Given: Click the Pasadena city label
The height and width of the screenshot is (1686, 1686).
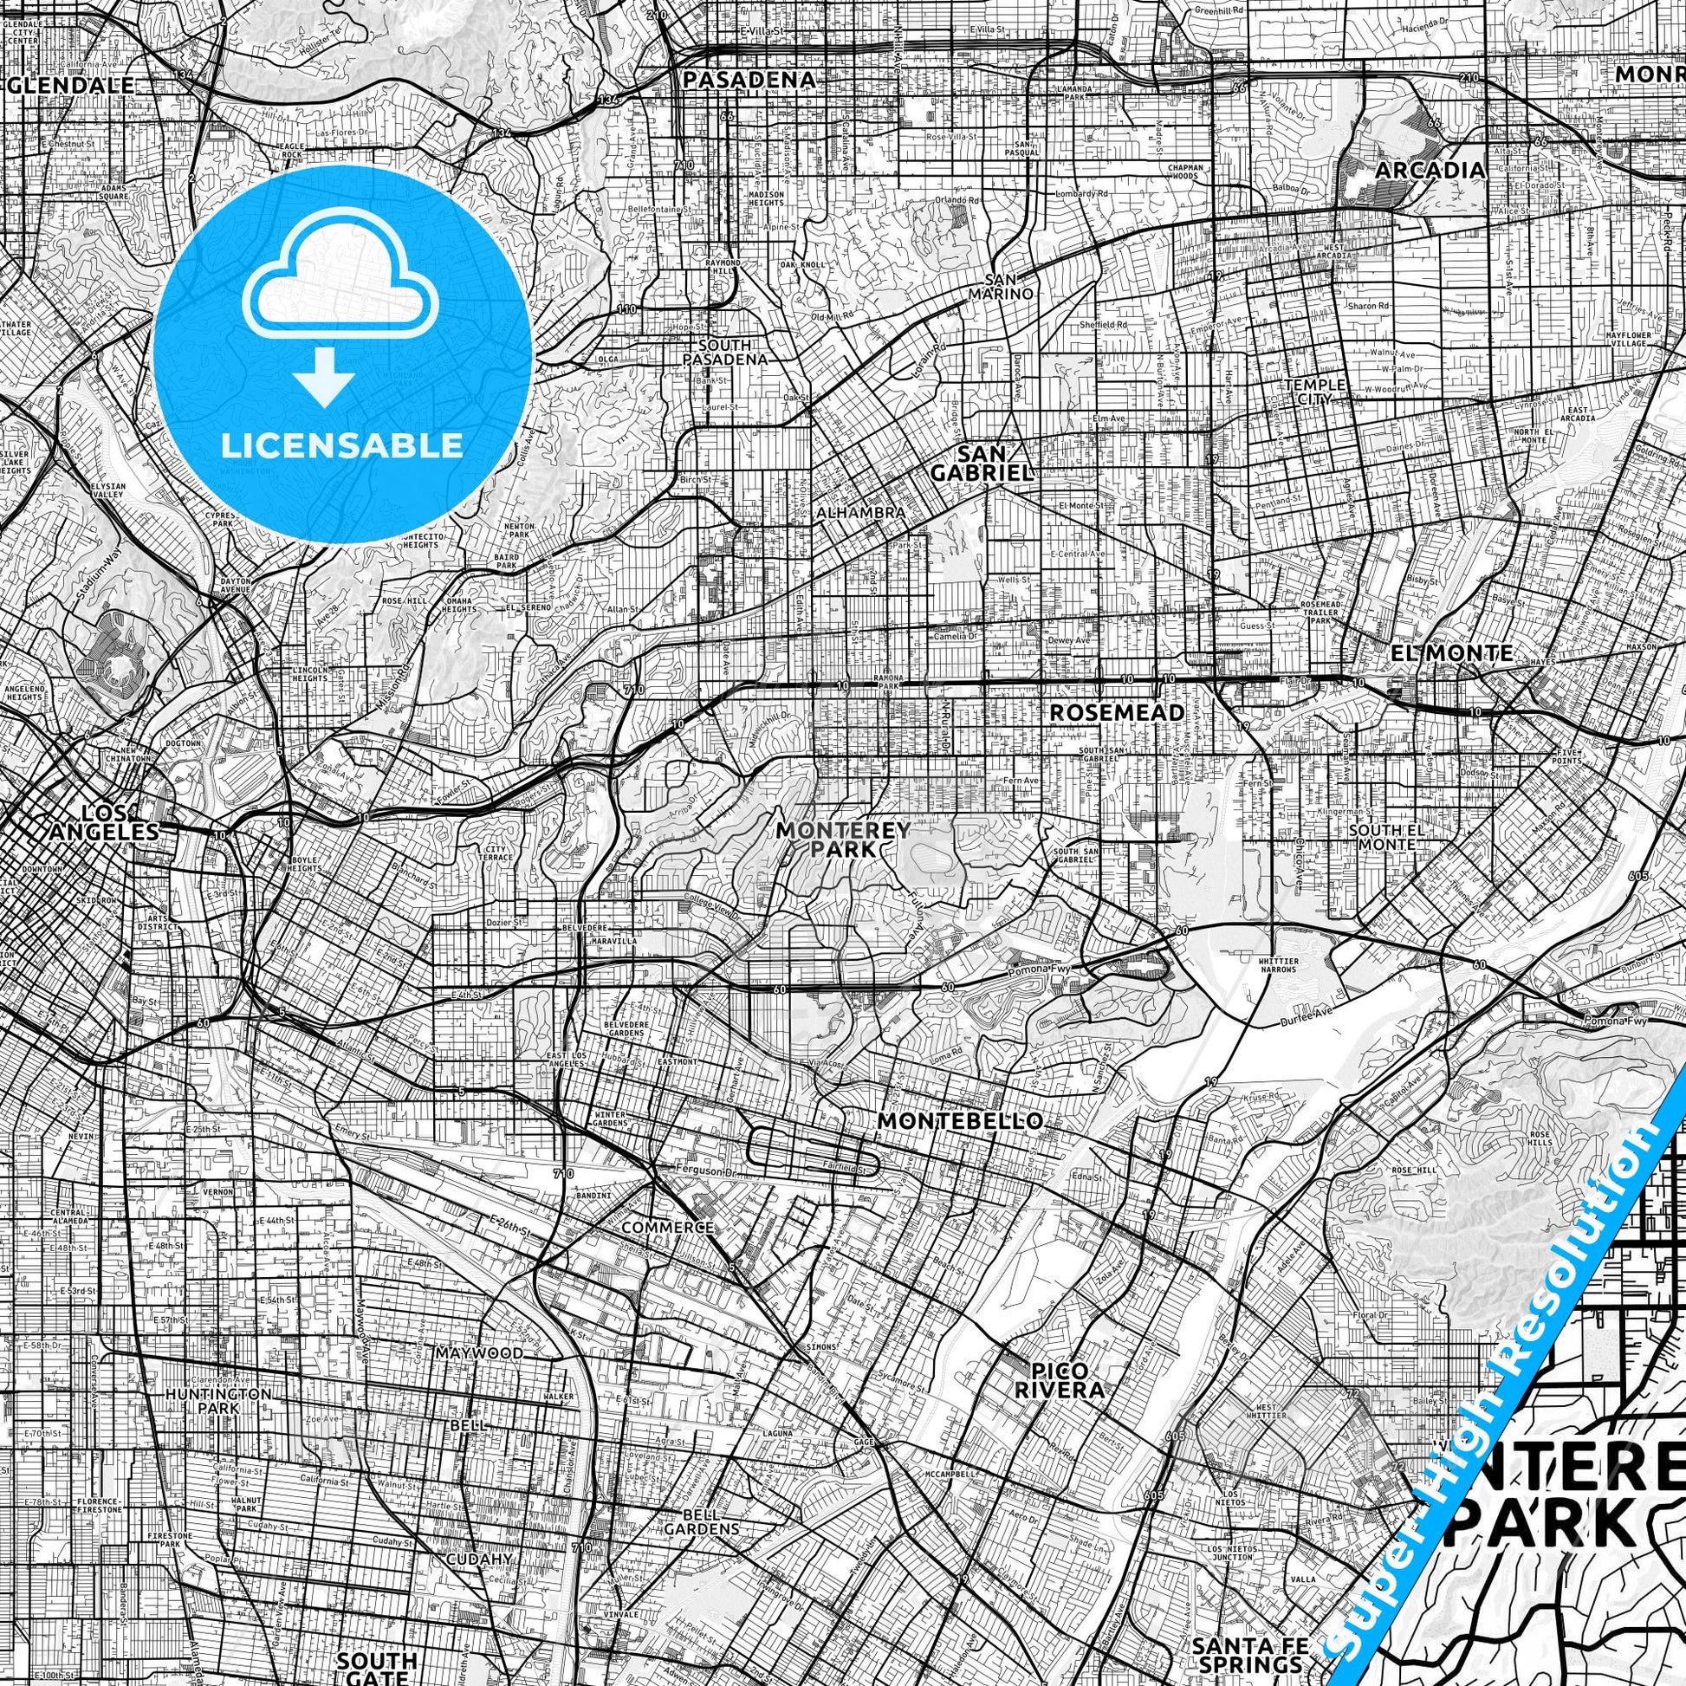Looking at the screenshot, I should coord(749,81).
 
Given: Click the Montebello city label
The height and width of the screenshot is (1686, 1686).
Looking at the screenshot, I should coord(960,1120).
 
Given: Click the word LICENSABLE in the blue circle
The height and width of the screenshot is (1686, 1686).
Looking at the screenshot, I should coord(342,446).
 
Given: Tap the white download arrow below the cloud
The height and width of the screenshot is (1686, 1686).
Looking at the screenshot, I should coord(324,375).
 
